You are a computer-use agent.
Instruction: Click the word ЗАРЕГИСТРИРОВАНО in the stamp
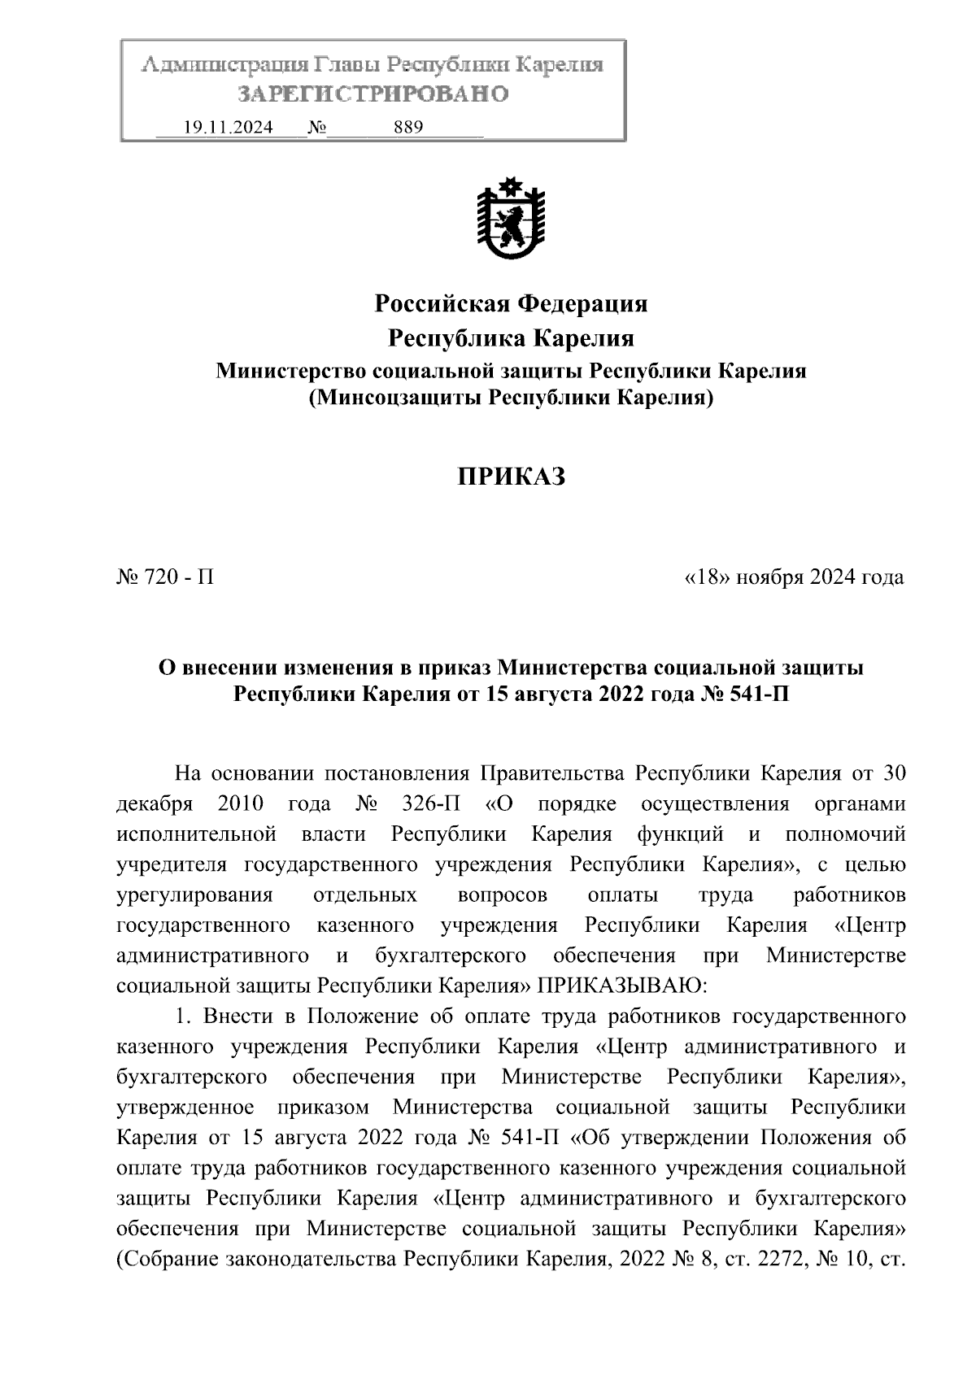pyautogui.click(x=373, y=94)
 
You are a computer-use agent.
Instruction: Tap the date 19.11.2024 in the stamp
pyautogui.click(x=229, y=128)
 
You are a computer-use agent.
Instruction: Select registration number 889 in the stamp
pyautogui.click(x=407, y=128)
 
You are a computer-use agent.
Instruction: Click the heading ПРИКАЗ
pyautogui.click(x=510, y=477)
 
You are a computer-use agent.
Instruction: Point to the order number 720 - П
pyautogui.click(x=166, y=577)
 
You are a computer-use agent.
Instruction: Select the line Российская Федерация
pyautogui.click(x=510, y=304)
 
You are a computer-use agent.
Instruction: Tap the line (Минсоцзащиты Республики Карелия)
pyautogui.click(x=510, y=398)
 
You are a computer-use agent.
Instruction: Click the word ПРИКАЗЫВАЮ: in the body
pyautogui.click(x=620, y=986)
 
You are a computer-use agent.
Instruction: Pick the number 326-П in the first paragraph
pyautogui.click(x=431, y=804)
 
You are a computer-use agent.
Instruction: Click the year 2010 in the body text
pyautogui.click(x=241, y=804)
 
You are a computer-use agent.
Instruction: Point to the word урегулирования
pyautogui.click(x=194, y=895)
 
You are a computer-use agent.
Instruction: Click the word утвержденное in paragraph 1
pyautogui.click(x=185, y=1108)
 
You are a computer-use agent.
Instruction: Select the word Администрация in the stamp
pyautogui.click(x=219, y=65)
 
